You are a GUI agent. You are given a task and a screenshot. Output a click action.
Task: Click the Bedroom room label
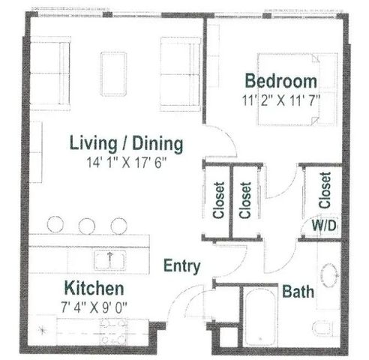pos(281,81)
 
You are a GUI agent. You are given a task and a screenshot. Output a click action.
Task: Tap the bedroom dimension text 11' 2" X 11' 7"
pos(281,100)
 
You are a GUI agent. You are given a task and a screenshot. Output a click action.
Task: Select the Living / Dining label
pos(126,144)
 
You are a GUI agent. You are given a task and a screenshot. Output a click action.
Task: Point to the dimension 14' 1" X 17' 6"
pos(126,163)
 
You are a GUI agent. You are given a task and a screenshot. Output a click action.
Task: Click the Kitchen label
pos(94,288)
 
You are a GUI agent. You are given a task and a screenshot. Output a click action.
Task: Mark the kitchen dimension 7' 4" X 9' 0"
pos(94,307)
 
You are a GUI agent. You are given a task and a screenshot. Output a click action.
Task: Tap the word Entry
pos(181,266)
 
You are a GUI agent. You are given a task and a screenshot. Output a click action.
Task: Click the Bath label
pos(298,292)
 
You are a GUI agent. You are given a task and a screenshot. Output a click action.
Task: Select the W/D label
pos(324,226)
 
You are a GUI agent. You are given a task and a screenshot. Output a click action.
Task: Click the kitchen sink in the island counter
pos(109,260)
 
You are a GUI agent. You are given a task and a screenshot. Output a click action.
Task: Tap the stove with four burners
pos(113,331)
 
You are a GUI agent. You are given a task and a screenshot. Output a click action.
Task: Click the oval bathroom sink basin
pos(329,275)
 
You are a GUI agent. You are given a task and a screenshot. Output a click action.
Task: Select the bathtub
pos(260,316)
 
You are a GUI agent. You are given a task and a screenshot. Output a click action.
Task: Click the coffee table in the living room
pos(113,74)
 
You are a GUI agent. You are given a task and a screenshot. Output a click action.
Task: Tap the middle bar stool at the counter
pos(86,226)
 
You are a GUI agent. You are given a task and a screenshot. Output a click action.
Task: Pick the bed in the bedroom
pos(298,89)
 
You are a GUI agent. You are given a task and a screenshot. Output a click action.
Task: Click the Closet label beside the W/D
pos(325,190)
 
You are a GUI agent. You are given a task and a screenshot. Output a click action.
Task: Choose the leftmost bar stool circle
pos(55,224)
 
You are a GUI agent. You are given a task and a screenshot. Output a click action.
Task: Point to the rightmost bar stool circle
pos(118,226)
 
